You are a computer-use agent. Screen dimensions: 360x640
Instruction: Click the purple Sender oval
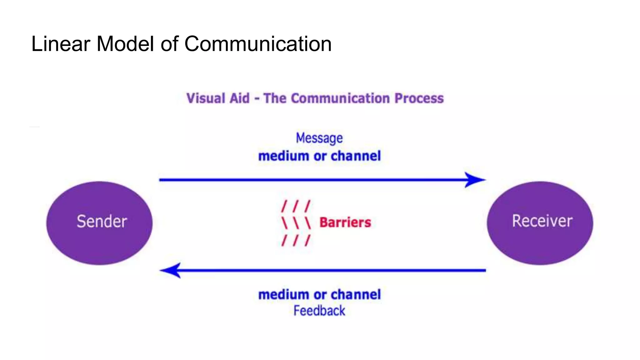99,222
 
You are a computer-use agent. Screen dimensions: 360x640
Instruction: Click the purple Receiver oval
540,222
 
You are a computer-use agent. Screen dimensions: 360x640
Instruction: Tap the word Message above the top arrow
319,138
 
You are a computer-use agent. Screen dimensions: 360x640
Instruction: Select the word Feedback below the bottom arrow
319,311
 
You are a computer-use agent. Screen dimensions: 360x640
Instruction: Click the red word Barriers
345,222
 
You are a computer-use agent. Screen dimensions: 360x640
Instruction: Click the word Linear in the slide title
61,44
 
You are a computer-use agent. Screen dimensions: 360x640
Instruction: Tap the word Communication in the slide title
258,44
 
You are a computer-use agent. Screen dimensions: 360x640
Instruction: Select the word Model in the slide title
125,44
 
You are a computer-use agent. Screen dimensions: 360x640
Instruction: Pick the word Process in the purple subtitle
419,98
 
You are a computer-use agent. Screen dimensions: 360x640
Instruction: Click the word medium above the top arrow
283,156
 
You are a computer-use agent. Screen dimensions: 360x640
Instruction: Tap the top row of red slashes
296,206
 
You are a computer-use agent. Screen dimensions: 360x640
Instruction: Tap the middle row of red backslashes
296,223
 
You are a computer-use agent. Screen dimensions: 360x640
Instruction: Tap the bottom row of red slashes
296,240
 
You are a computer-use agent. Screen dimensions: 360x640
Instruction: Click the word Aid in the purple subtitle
239,98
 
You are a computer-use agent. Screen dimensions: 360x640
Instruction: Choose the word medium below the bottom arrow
283,294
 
